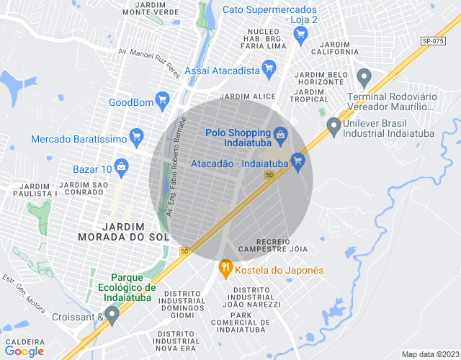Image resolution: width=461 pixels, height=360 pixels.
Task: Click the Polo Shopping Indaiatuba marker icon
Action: pyautogui.click(x=280, y=133)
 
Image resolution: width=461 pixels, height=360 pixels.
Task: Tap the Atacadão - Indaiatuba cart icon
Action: pyautogui.click(x=297, y=160)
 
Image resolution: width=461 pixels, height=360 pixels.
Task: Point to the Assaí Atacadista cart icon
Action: pyautogui.click(x=270, y=70)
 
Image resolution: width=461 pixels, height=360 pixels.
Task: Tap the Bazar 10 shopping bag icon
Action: pyautogui.click(x=122, y=168)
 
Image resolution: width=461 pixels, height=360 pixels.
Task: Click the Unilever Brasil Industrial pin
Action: pyautogui.click(x=333, y=125)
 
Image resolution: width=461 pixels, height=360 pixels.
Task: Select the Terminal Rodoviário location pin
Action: pyautogui.click(x=364, y=76)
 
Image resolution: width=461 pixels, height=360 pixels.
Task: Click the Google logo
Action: pyautogui.click(x=24, y=351)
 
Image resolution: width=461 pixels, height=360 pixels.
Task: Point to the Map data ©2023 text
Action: pyautogui.click(x=429, y=354)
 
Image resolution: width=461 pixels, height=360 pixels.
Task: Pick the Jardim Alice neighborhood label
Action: pyautogui.click(x=248, y=96)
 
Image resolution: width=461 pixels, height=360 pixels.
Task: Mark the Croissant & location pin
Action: pyautogui.click(x=111, y=315)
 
